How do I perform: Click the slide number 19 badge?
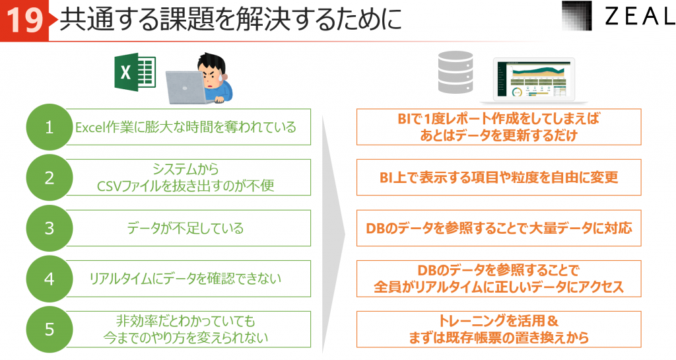24,20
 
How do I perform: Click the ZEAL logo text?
640,17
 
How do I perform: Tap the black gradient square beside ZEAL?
577,16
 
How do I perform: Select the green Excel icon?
135,72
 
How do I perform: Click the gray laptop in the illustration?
186,87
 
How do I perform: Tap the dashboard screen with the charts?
533,80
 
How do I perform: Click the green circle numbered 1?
49,127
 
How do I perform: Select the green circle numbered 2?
49,177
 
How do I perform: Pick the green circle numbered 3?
49,228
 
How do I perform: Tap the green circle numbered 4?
49,279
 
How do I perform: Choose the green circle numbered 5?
49,330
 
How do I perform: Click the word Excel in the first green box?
88,127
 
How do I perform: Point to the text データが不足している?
186,228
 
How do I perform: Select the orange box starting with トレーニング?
499,330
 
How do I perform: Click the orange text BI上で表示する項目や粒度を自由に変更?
499,177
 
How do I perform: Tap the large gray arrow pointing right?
333,235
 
